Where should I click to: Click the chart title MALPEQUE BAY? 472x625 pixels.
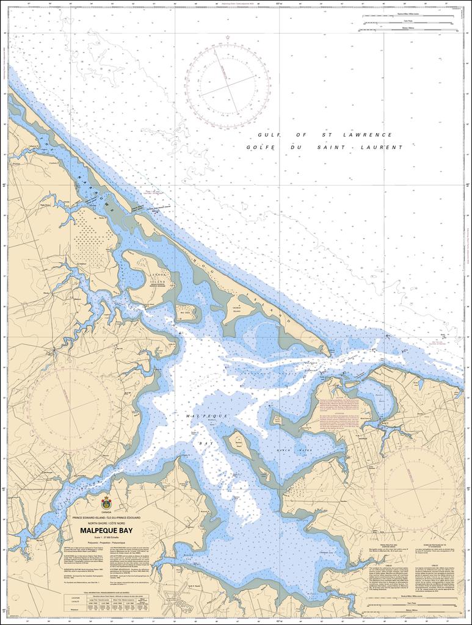[106, 530]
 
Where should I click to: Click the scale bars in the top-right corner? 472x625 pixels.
[403, 23]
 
